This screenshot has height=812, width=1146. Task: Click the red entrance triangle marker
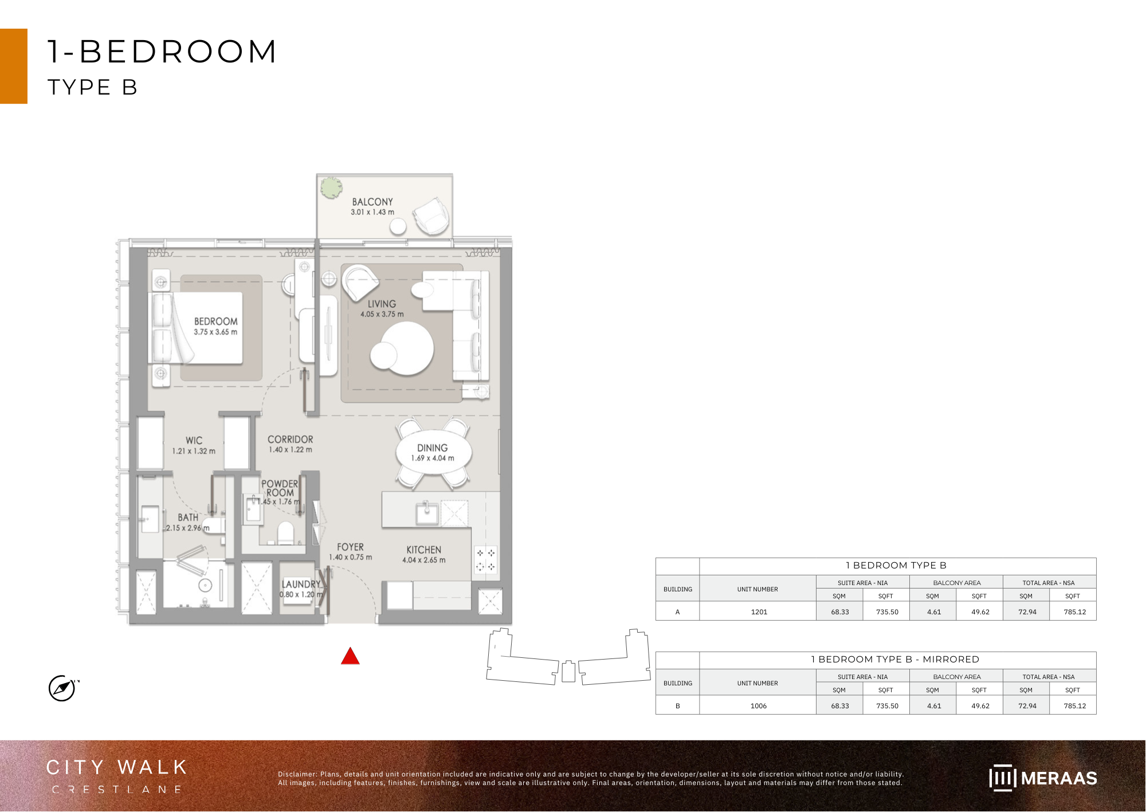[x=350, y=656]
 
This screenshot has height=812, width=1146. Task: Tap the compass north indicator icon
[x=62, y=688]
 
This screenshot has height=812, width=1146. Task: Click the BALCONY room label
[x=372, y=202]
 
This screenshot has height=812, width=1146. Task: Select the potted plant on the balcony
[x=331, y=187]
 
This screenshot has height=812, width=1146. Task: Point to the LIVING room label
[x=382, y=304]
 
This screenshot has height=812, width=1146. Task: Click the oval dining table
[x=433, y=453]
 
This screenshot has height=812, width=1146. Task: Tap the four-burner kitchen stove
[x=485, y=560]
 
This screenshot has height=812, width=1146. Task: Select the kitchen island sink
[x=426, y=512]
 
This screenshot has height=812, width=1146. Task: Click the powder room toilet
[x=285, y=534]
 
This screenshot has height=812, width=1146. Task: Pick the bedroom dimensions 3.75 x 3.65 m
[x=215, y=332]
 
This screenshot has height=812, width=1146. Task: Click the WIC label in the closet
[x=194, y=440]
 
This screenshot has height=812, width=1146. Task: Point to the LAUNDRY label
[x=301, y=584]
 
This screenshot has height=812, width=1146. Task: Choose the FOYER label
[x=350, y=547]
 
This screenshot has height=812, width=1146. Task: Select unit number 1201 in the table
[x=759, y=612]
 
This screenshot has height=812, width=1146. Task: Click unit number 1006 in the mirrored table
[x=759, y=706]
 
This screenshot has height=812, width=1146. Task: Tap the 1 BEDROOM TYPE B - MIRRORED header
[x=896, y=660]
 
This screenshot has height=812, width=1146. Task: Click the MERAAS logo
[x=1043, y=778]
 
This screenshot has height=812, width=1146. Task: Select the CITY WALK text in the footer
[x=117, y=767]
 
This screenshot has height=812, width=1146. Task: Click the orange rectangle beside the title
[x=14, y=66]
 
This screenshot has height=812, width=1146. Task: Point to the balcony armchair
[x=431, y=216]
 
